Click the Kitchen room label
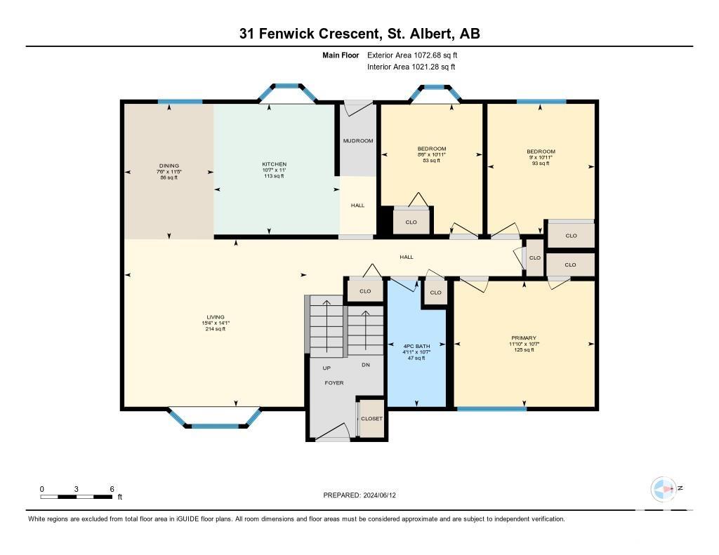[x=275, y=164]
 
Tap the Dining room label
[x=169, y=166]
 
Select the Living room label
[x=216, y=316]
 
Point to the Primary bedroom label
[x=524, y=337]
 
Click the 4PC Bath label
[x=416, y=346]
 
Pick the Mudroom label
[x=358, y=141]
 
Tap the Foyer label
[x=334, y=382]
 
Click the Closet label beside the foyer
[x=371, y=418]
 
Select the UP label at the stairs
[x=326, y=368]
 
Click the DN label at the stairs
[x=365, y=365]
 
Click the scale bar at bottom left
[x=76, y=497]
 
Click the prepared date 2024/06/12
[x=380, y=495]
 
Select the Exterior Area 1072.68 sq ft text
[x=412, y=55]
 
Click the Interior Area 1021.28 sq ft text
[x=411, y=67]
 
